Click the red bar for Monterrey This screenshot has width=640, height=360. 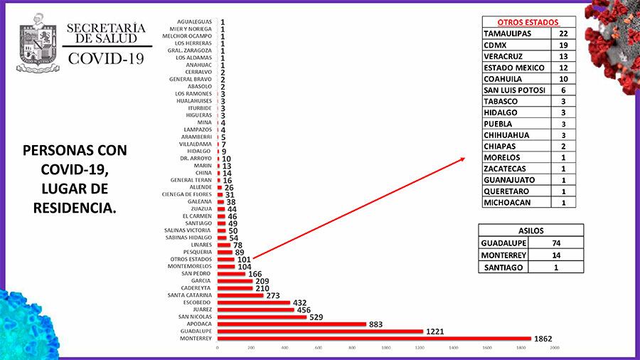tap(373, 338)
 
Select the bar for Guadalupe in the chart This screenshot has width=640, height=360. tap(320, 331)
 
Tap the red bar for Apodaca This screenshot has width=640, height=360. tap(292, 324)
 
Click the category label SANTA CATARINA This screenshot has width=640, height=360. tap(187, 295)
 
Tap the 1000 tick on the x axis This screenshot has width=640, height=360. tap(385, 348)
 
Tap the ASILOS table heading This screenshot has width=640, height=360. tap(532, 230)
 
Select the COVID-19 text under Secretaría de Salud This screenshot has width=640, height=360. tap(105, 58)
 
